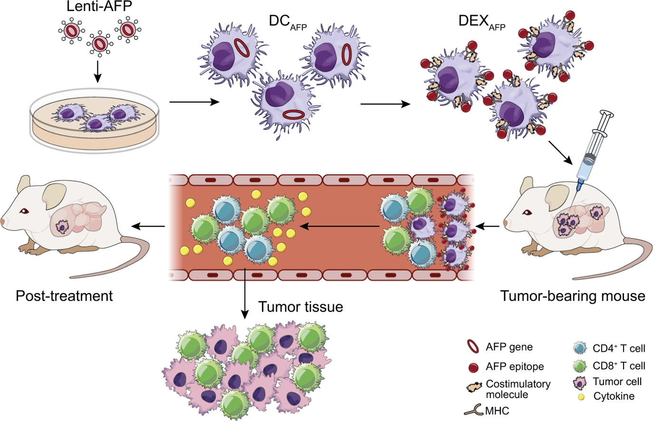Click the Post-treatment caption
[64, 296]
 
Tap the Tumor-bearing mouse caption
[573, 296]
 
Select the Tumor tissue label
[300, 307]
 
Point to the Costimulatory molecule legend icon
[474, 385]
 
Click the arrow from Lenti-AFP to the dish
[97, 70]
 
